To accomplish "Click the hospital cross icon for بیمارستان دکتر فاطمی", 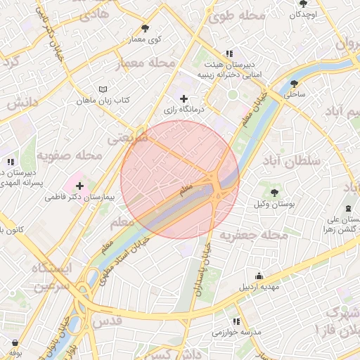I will [79, 186].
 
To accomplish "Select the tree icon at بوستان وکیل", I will [274, 192].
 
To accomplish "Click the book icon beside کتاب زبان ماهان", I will [104, 90].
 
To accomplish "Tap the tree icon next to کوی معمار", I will [146, 29].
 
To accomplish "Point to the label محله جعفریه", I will [254, 235].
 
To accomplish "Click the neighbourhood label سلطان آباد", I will [294, 161].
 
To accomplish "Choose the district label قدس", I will [106, 321].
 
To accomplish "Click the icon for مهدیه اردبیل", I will [259, 276].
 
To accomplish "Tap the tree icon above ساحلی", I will [295, 83].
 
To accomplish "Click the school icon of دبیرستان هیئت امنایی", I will [229, 53].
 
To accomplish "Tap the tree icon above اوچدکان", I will [304, 4].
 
